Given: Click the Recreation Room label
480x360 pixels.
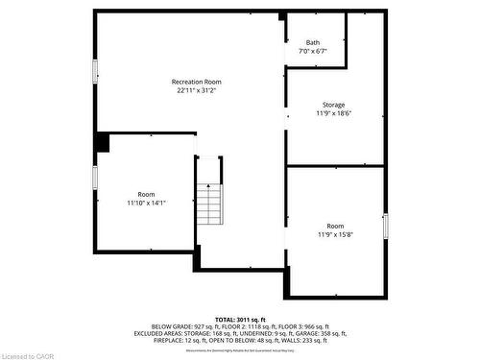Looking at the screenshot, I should pos(196,82).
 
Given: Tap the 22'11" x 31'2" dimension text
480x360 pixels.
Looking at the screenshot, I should pos(196,91).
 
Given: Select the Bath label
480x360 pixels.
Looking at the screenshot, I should pos(313,42).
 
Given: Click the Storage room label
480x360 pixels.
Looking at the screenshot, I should pos(333,105).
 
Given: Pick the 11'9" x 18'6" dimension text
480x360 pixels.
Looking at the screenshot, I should pos(334,113).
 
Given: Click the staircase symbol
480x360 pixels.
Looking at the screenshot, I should pos(209,203).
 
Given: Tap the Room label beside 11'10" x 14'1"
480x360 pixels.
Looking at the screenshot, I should pos(146,195).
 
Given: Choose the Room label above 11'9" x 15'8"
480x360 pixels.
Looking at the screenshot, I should pos(334,225).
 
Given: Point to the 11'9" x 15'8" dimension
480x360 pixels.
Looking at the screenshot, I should pos(334,233).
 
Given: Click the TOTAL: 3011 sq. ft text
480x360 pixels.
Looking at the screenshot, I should pos(240,319).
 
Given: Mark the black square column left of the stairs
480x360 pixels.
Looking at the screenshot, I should pos(102,142).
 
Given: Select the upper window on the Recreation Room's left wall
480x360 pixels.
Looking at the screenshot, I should pos(95,71).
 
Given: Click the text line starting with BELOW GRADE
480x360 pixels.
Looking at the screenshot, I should pos(240,326).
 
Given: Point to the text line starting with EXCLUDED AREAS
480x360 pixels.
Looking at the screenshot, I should pos(240,333).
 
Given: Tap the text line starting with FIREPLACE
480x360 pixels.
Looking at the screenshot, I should pos(240,340).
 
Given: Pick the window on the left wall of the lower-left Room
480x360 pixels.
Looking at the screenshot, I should pos(95,178).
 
